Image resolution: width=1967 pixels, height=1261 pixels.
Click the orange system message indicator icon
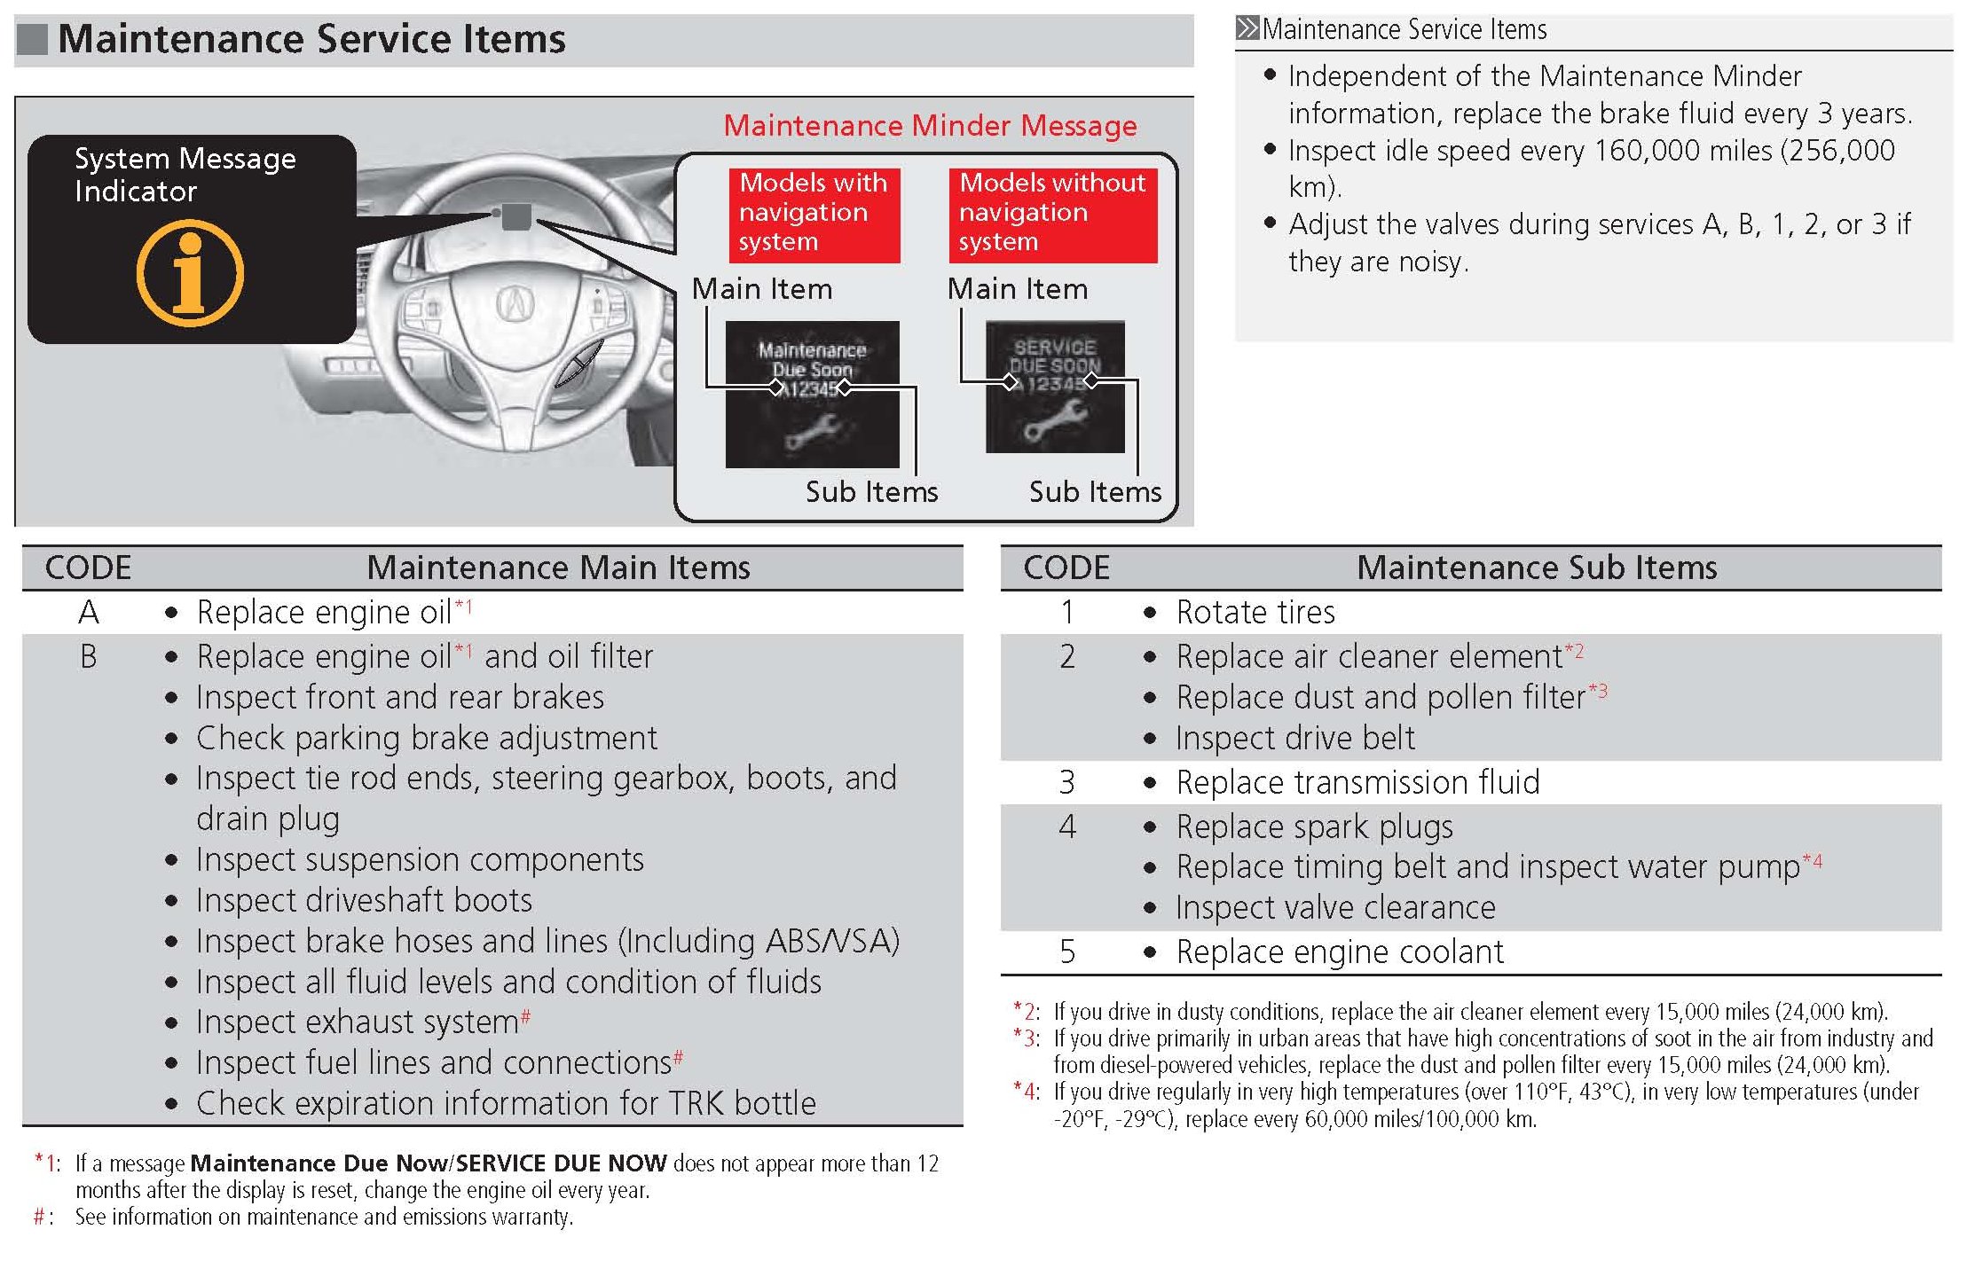[x=190, y=273]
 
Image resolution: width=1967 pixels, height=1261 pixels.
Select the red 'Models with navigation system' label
[x=814, y=213]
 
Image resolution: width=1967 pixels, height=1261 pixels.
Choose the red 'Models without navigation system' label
[x=1052, y=213]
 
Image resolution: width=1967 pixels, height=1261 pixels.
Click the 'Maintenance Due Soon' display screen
[x=812, y=394]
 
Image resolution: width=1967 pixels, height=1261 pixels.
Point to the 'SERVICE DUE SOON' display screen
[x=1055, y=387]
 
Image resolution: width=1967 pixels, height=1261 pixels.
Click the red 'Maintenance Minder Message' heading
[x=930, y=126]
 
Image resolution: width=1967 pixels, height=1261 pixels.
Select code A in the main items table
[x=89, y=613]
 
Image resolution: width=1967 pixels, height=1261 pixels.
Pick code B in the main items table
[x=89, y=657]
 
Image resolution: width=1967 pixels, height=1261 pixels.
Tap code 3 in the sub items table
[x=1066, y=783]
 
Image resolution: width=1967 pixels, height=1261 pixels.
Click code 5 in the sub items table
[x=1066, y=952]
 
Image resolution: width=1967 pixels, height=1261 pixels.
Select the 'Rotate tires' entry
[x=1255, y=613]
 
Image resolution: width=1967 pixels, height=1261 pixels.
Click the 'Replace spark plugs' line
[x=1314, y=827]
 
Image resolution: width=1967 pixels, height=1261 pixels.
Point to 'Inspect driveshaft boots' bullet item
[x=364, y=901]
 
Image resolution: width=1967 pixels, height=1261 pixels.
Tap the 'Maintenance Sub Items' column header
[x=1536, y=568]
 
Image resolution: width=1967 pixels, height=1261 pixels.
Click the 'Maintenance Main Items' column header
[x=558, y=568]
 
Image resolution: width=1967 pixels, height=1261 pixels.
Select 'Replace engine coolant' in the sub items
[x=1340, y=952]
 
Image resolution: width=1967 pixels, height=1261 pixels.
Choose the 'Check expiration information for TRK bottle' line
[x=506, y=1104]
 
